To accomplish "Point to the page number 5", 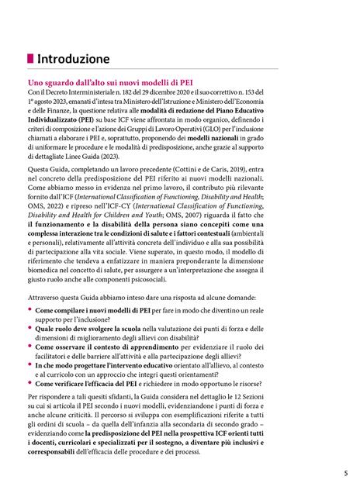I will pyautogui.click(x=346, y=474).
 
